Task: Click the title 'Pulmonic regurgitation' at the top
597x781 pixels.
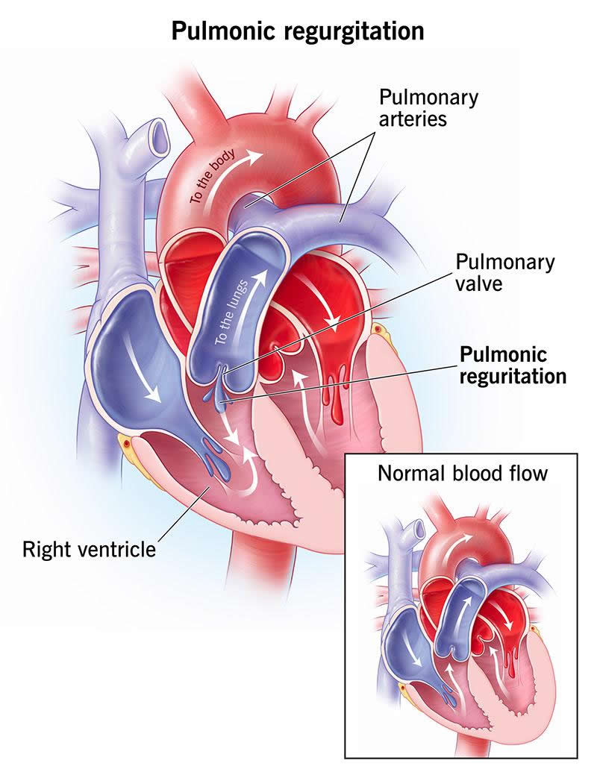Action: click(x=298, y=31)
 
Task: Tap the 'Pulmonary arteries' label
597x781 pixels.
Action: click(x=428, y=108)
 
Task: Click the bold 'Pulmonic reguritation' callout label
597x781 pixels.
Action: click(x=513, y=365)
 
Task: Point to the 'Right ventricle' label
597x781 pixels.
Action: click(x=89, y=551)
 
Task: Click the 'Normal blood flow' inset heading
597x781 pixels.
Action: click(x=462, y=473)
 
